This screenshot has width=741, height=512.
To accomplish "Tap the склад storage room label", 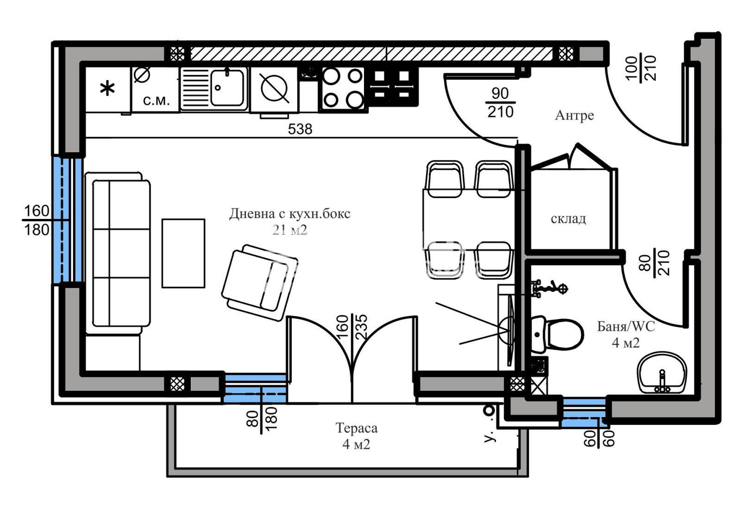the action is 568,219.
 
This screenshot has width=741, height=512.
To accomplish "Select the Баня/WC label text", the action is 626,327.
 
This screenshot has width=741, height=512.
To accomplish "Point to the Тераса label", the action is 356,428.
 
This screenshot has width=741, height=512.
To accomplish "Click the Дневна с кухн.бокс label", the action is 289,214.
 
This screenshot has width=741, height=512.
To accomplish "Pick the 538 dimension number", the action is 300,129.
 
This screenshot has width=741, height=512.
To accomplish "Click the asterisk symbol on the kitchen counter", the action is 107,89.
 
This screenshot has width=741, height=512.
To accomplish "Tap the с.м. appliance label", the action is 157,100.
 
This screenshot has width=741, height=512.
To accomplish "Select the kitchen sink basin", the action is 227,87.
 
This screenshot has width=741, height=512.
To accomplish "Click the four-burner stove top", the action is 343,88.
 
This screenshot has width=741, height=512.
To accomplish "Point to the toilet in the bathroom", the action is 556,334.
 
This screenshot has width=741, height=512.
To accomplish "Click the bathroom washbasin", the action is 662,373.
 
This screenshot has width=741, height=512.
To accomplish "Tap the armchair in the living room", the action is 260,282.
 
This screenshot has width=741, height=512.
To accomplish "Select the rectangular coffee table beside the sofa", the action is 183,253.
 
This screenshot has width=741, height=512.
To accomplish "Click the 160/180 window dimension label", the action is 37,220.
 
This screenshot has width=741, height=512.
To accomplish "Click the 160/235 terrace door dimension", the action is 352,327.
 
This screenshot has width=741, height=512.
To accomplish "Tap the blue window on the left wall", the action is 68,220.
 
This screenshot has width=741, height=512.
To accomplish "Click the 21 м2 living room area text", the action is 289,230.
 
